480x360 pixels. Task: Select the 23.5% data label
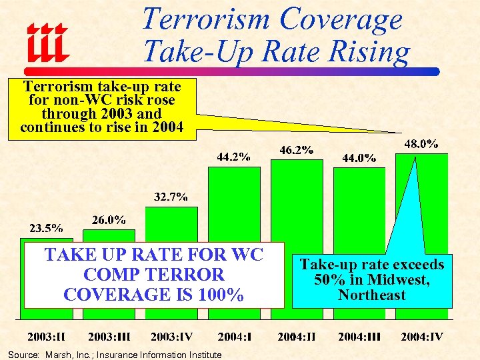[x=45, y=227]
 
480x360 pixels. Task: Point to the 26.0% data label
[x=107, y=220]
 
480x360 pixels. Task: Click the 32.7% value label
[x=171, y=197]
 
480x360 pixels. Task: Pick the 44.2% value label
[x=233, y=157]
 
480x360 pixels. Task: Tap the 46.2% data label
[x=296, y=150]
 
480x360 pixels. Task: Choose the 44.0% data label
[x=359, y=158]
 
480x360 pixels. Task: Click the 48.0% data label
[x=421, y=143]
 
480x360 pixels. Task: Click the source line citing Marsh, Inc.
[x=113, y=355]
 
